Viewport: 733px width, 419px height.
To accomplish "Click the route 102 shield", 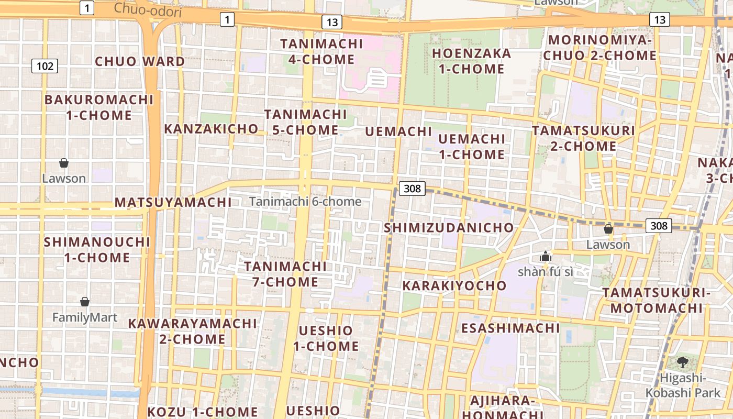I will tap(45, 66).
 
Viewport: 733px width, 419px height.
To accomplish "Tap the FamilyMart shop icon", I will tap(85, 302).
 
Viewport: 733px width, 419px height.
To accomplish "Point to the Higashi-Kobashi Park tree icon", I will tap(682, 361).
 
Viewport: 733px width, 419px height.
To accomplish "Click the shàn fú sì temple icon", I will tap(545, 256).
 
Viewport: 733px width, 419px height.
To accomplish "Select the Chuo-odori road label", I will tap(148, 9).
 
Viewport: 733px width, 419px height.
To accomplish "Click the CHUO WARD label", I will tap(140, 61).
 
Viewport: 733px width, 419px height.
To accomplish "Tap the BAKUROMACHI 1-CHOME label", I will tap(99, 107).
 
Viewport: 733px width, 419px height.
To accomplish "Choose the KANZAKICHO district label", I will tap(211, 128).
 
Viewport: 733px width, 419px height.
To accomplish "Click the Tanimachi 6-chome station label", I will tap(305, 202).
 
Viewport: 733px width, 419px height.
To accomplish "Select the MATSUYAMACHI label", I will tap(173, 202).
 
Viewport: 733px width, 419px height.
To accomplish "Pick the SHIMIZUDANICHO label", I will tap(449, 228).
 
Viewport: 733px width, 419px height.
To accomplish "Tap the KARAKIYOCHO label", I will tap(454, 286).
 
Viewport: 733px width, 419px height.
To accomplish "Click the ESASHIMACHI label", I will tap(510, 328).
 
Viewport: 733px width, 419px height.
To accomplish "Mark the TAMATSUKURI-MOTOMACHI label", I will tap(656, 300).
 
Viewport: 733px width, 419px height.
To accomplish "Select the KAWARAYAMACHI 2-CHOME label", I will tap(192, 331).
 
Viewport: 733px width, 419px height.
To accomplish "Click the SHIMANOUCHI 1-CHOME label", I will tap(97, 250).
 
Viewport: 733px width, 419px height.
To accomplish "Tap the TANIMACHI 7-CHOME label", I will tap(285, 274).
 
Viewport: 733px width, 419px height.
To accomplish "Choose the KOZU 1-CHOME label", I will tap(203, 412).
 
